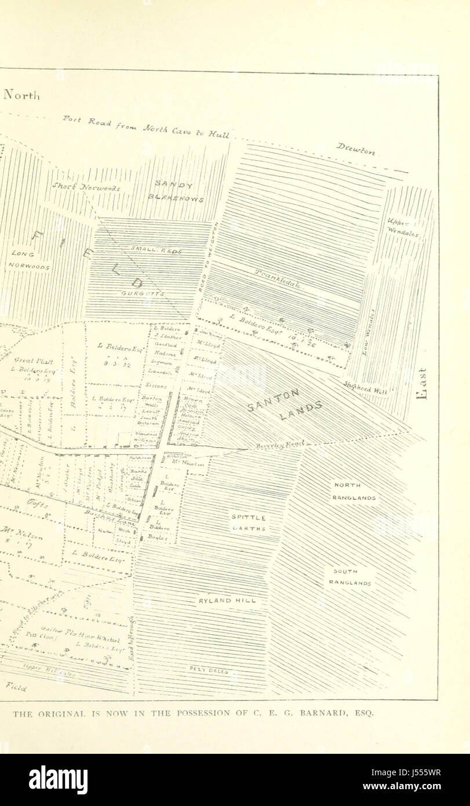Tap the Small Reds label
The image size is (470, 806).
[156, 251]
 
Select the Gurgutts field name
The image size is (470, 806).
[143, 294]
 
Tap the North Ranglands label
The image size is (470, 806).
[354, 491]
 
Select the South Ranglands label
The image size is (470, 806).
[350, 577]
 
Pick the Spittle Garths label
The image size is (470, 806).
[249, 522]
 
